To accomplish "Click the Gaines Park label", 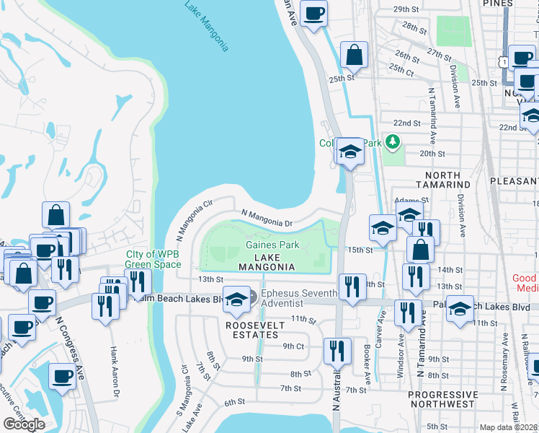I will [272, 245].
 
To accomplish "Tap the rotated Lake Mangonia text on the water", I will [206, 27].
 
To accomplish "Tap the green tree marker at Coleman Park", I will [392, 142].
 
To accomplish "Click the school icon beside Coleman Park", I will [350, 151].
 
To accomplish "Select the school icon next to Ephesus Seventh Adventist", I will [236, 299].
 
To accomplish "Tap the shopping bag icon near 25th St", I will [354, 55].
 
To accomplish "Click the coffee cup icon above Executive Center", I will [62, 376].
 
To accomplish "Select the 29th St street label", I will [406, 9].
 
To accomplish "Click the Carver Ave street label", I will [383, 326].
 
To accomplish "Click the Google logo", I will [24, 424].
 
